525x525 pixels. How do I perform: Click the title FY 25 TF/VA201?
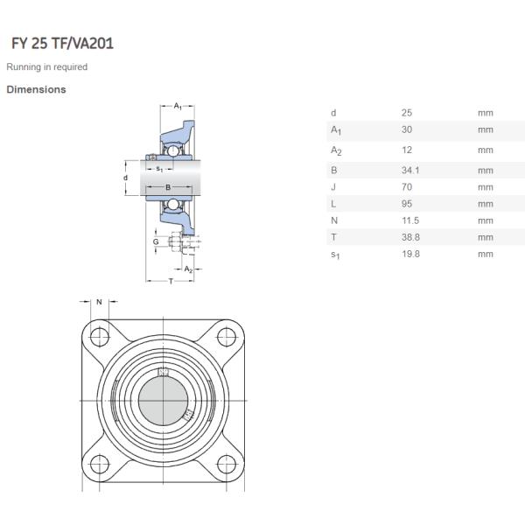(x=61, y=43)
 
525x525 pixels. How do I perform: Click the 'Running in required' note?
(x=47, y=67)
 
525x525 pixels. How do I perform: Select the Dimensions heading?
(x=36, y=89)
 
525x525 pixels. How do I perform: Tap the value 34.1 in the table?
(x=410, y=171)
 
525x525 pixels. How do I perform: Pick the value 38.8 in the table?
(x=410, y=237)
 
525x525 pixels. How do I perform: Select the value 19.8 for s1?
(x=410, y=254)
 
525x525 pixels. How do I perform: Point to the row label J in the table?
(x=332, y=187)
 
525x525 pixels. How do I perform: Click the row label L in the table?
(x=332, y=204)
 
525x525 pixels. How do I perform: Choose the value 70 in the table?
(x=407, y=187)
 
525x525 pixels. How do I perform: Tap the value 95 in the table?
(x=407, y=204)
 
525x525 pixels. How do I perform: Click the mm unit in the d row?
(x=486, y=113)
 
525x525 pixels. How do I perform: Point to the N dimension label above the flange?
(x=100, y=302)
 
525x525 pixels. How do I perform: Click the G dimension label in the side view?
(x=156, y=241)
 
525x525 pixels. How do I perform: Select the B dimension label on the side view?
(x=169, y=187)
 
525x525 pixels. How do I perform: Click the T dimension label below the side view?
(x=170, y=280)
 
